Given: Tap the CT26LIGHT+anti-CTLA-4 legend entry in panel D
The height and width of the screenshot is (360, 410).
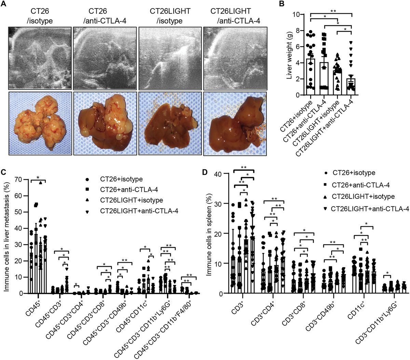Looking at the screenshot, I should coord(369,208).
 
